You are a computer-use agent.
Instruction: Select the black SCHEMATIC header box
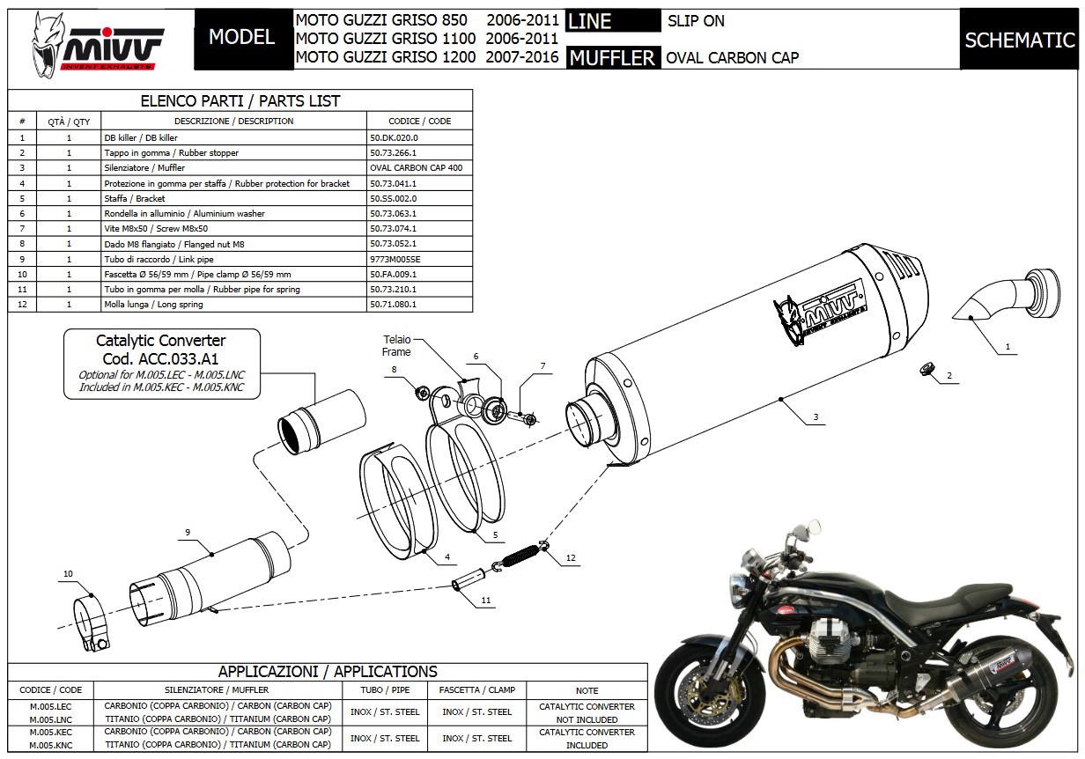tap(1019, 40)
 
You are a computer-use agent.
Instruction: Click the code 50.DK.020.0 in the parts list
tap(394, 137)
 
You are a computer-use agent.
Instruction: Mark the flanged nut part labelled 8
tap(422, 390)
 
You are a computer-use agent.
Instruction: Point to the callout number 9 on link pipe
tap(187, 532)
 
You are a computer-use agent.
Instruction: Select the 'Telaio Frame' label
tap(396, 345)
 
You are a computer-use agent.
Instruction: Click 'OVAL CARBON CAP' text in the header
tap(733, 58)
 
